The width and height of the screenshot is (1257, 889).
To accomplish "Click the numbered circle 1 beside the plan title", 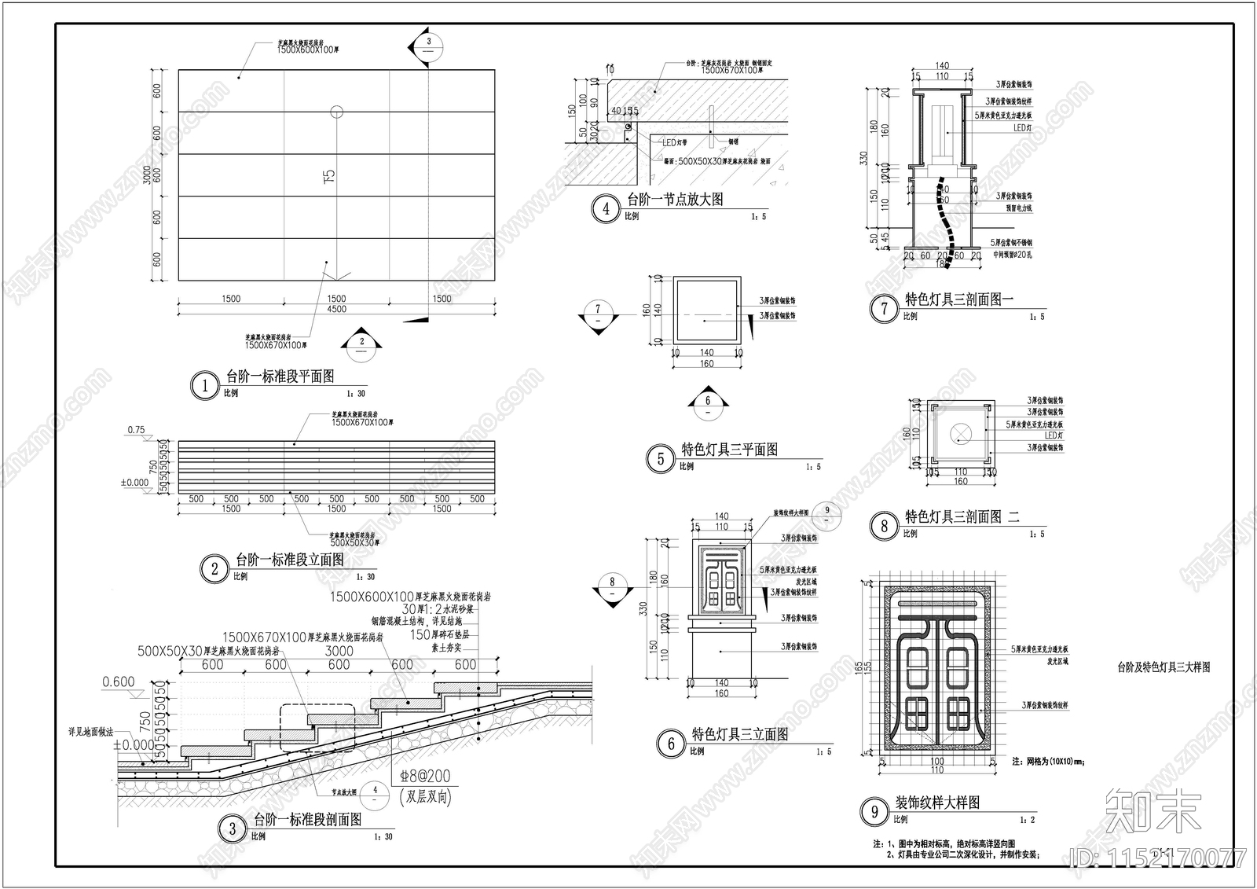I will point(205,385).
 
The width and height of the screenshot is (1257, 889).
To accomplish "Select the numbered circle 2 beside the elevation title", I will point(214,568).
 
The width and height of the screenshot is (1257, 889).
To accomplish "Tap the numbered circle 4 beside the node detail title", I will point(606,209).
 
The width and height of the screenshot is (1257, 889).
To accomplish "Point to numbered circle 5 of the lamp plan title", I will point(660,459).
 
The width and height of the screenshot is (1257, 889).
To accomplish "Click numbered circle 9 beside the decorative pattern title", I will point(874,811).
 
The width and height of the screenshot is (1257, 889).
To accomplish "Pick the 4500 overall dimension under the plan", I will point(336,309).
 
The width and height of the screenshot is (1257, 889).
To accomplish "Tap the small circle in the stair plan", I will point(336,112).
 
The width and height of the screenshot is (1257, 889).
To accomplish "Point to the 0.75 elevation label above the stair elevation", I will point(135,430).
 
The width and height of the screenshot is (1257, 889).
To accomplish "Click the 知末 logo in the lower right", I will point(1153,811).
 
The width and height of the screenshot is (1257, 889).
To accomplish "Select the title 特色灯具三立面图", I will point(739,734).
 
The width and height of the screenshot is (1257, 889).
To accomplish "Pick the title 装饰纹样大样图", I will point(937,803).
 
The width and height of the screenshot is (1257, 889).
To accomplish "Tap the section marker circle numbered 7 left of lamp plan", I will point(598,310).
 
